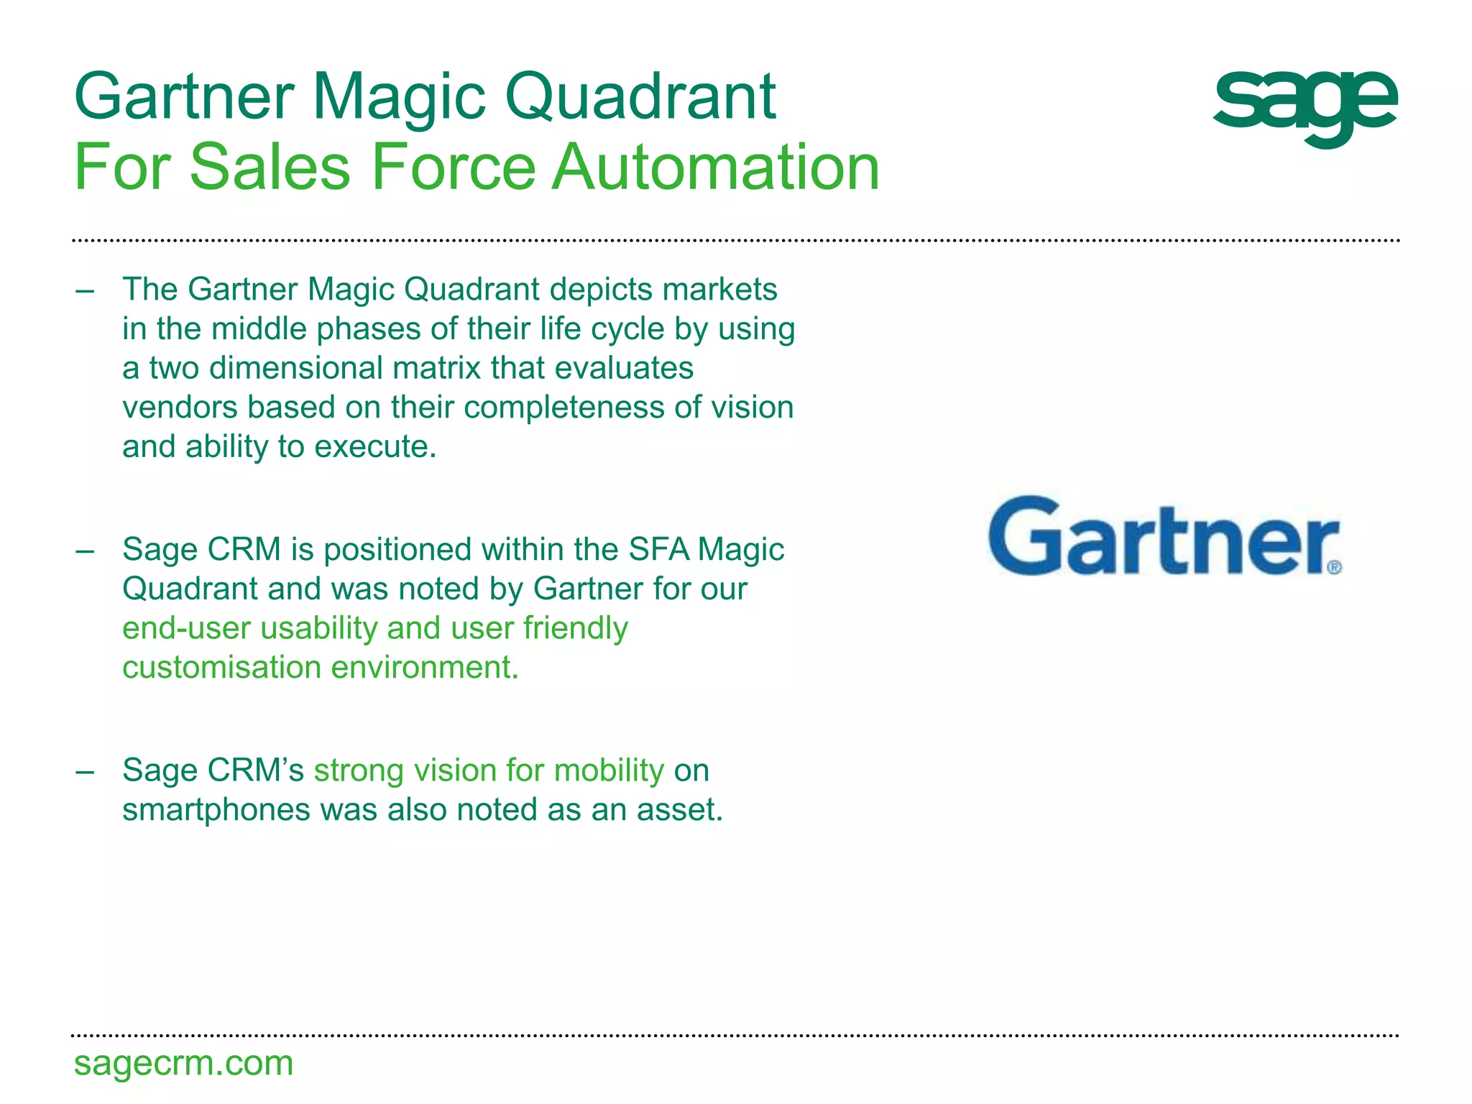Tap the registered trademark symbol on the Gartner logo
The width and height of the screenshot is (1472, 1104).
point(1334,567)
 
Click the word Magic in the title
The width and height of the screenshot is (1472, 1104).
point(399,98)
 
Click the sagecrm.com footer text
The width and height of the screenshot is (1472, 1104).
point(184,1063)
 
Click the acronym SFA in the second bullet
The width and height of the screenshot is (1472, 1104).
point(658,550)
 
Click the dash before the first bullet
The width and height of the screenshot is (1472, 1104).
point(85,291)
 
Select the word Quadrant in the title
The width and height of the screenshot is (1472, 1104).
point(640,98)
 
